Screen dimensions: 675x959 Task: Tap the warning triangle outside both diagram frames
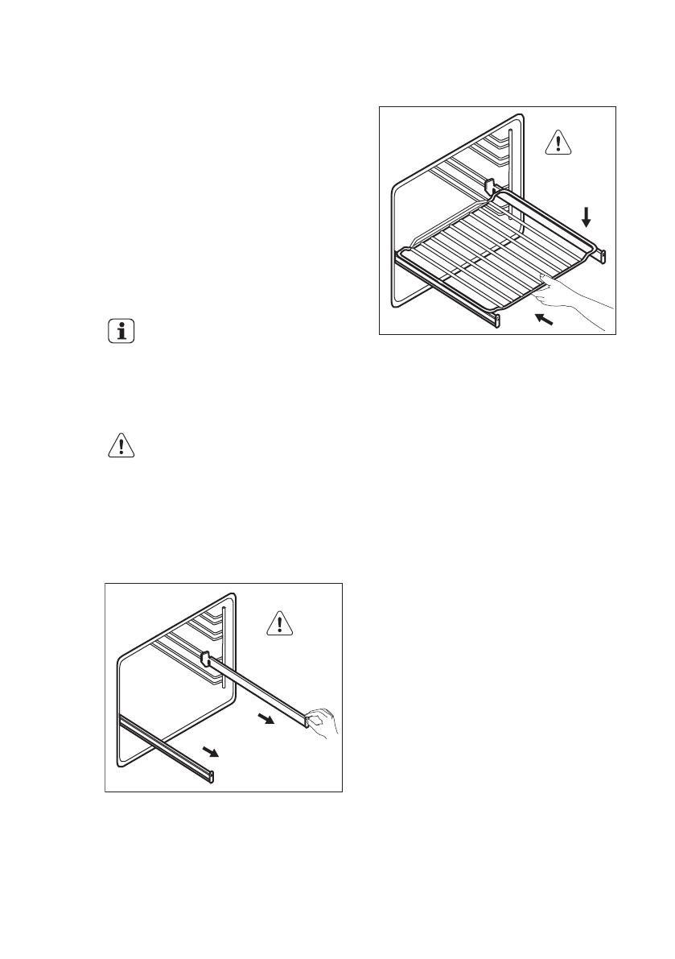pyautogui.click(x=121, y=445)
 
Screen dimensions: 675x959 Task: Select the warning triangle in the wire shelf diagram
pyautogui.click(x=556, y=143)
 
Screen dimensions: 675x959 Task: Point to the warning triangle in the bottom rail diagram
pyautogui.click(x=279, y=623)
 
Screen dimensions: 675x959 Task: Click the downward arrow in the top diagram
pyautogui.click(x=587, y=216)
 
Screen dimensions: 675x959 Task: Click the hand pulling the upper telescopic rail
pyautogui.click(x=325, y=719)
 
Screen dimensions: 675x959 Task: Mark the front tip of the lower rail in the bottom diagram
pyautogui.click(x=213, y=775)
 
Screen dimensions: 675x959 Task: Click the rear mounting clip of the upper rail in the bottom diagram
pyautogui.click(x=204, y=659)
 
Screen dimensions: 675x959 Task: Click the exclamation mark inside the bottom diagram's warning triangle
pyautogui.click(x=279, y=625)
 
